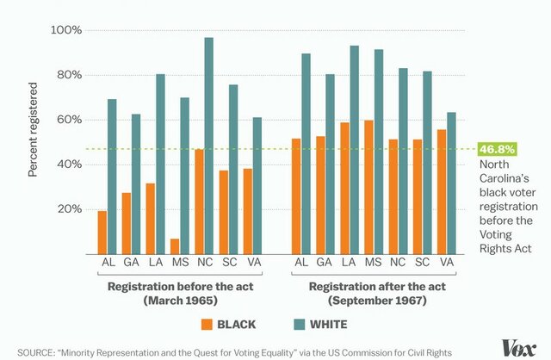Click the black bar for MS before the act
[x=175, y=245]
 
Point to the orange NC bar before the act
[x=199, y=201]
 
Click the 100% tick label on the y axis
[x=66, y=30]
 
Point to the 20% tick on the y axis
[x=69, y=209]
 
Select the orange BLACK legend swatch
[x=207, y=325]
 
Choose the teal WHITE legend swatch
[x=289, y=325]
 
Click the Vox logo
[x=521, y=348]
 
